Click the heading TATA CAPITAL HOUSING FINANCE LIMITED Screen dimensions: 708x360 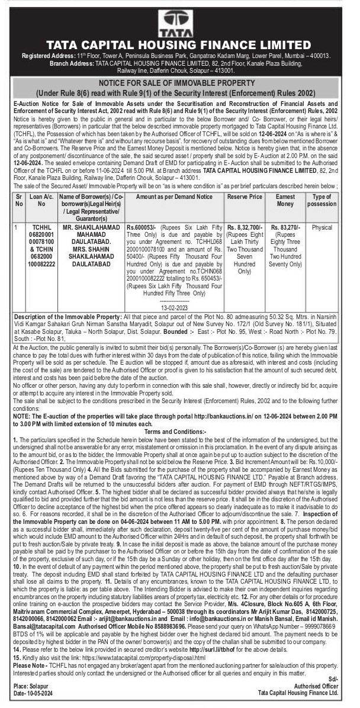tap(179, 44)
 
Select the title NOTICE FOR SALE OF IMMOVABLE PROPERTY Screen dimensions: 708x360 tap(179, 83)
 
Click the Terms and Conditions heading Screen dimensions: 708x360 tap(179, 432)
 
